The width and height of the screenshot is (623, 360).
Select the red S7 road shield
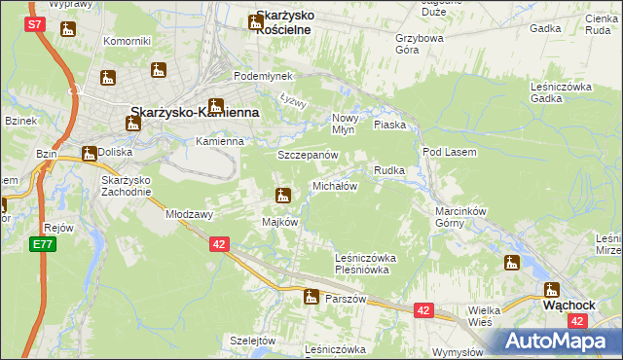coord(34,23)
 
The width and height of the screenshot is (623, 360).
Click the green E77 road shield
coord(42,243)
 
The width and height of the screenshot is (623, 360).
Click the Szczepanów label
coord(308,156)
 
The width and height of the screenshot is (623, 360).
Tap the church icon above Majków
coord(283,197)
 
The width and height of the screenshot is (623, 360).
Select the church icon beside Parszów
coord(311,297)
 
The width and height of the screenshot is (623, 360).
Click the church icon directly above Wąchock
coord(551,289)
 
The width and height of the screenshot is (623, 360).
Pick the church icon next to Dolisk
coord(90,153)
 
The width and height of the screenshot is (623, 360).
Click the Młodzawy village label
coord(190,213)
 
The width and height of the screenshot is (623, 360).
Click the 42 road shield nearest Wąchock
coord(578,320)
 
